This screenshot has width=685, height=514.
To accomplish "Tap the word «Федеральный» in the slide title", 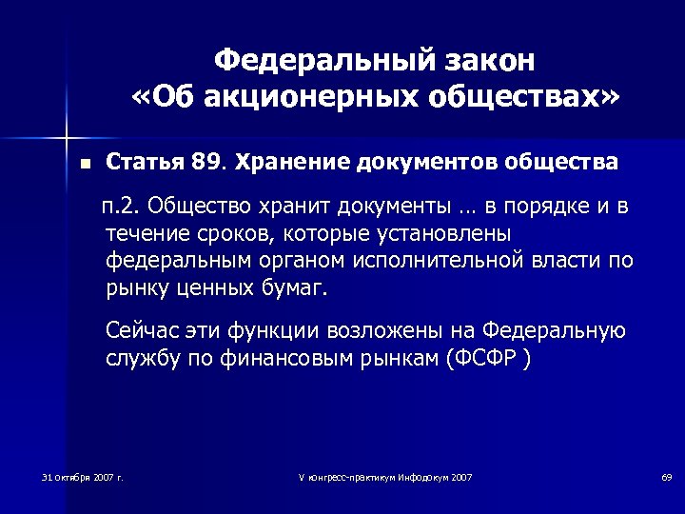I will (x=314, y=60).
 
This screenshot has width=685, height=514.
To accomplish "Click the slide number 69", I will (x=666, y=476).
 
